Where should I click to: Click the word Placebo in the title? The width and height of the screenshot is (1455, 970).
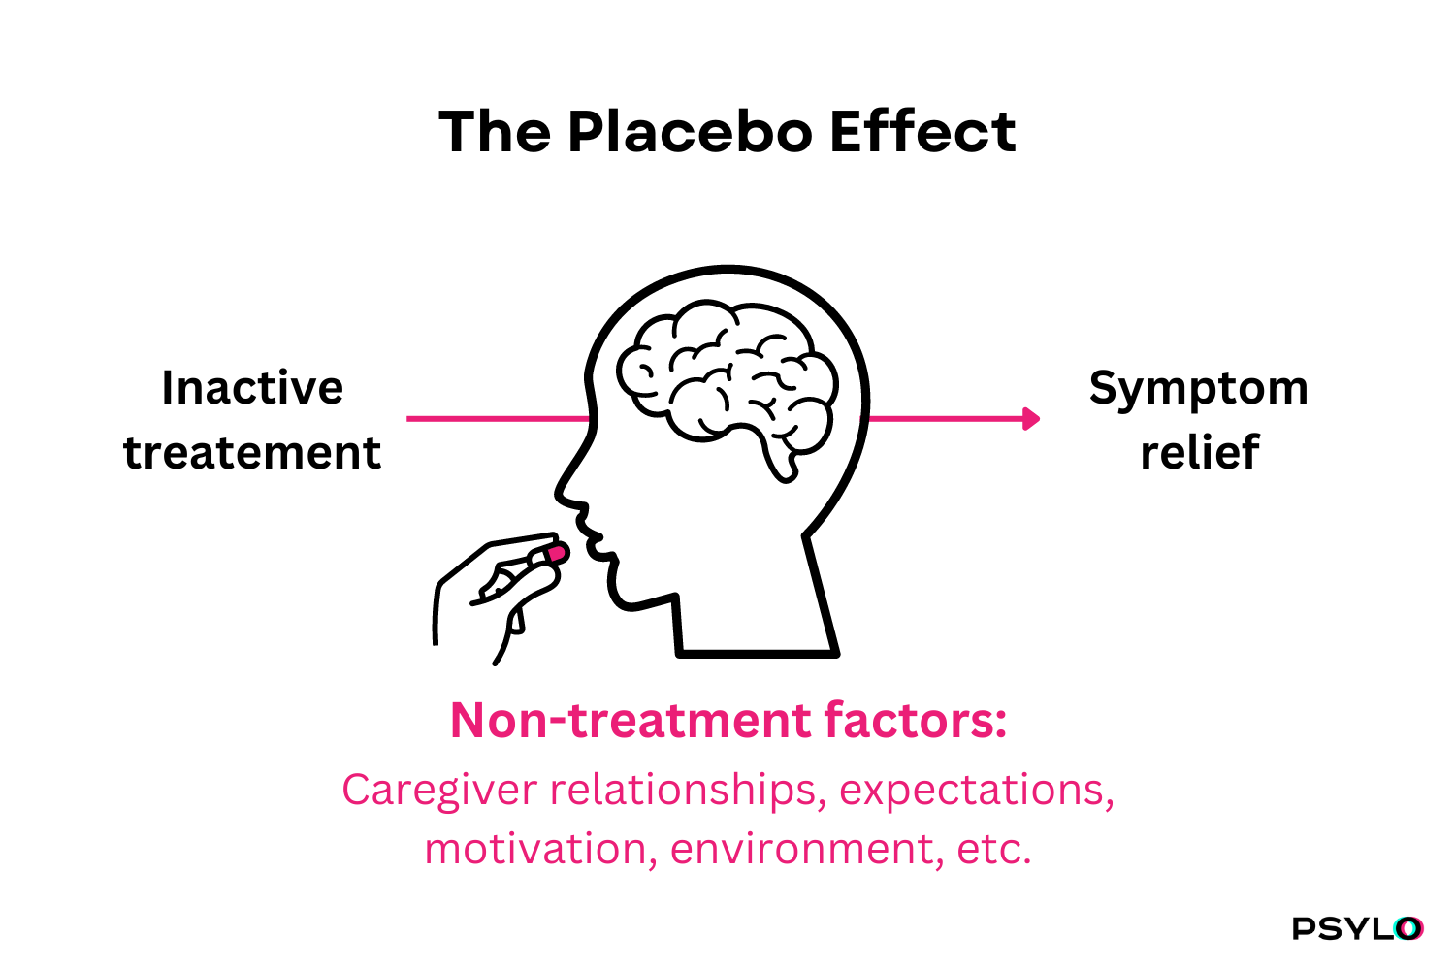coord(691,132)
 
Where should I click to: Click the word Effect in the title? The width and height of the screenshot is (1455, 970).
coord(923,132)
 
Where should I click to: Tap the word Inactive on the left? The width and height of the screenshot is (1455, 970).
coord(252,388)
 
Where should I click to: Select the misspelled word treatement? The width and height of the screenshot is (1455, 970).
coord(252,452)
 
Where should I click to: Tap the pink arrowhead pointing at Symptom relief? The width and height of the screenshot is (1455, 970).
coord(1031,419)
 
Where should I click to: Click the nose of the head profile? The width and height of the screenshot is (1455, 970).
coord(564,497)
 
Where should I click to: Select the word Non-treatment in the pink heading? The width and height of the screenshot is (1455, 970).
coord(630,721)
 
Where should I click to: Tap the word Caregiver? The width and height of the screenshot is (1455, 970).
coord(439,792)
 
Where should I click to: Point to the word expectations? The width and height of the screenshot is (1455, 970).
coord(977,792)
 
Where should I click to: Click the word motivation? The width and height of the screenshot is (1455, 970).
coord(541,849)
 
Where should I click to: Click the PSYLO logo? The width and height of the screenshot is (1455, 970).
coord(1358,928)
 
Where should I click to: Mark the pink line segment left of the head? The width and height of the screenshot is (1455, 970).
coord(499,419)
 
